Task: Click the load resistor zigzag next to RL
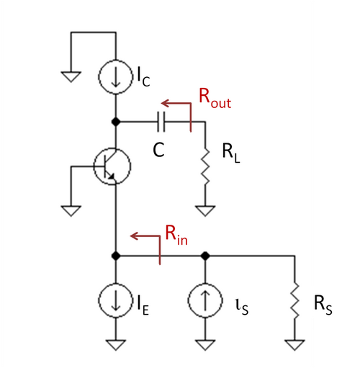pyautogui.click(x=205, y=166)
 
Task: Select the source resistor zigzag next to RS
pyautogui.click(x=294, y=300)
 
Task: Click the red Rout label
pyautogui.click(x=215, y=99)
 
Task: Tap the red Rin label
pyautogui.click(x=176, y=235)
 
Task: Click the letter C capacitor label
pyautogui.click(x=158, y=150)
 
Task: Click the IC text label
pyautogui.click(x=143, y=76)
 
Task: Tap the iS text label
pyautogui.click(x=242, y=307)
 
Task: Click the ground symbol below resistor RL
pyautogui.click(x=205, y=211)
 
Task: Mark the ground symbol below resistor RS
pyautogui.click(x=294, y=345)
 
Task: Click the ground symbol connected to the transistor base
pyautogui.click(x=71, y=211)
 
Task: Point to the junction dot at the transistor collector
pyautogui.click(x=116, y=122)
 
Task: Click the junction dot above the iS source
pyautogui.click(x=205, y=256)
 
